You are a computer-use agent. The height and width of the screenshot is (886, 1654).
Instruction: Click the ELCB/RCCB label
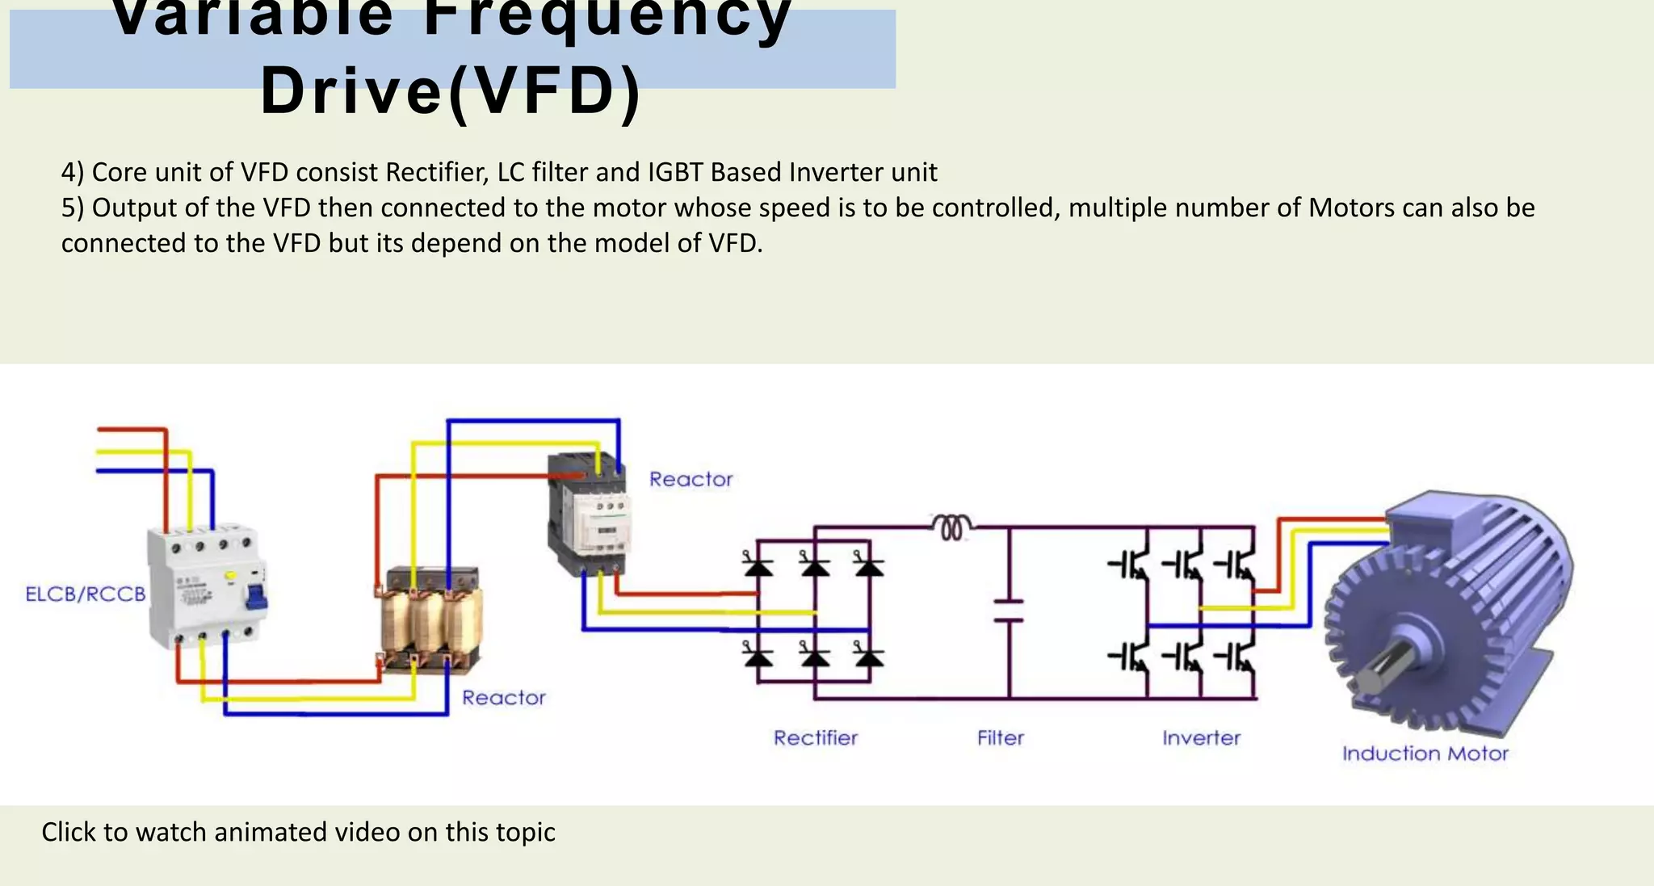click(86, 594)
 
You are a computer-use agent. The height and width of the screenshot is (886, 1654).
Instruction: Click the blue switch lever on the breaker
click(257, 597)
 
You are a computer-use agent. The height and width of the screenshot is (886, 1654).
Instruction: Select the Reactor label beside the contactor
click(691, 479)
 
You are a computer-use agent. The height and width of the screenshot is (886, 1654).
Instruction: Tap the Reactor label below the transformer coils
click(503, 697)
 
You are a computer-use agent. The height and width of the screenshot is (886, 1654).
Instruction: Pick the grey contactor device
click(588, 513)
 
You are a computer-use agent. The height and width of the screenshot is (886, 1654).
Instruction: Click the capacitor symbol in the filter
click(1008, 611)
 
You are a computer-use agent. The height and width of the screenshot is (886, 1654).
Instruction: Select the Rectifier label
click(815, 737)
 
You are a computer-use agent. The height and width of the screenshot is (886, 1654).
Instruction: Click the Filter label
click(1000, 737)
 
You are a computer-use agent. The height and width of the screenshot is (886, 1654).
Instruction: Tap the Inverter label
click(1201, 737)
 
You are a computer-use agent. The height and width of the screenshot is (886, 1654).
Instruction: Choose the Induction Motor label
click(1425, 754)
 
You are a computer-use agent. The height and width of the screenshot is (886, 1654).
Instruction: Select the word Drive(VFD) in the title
click(451, 90)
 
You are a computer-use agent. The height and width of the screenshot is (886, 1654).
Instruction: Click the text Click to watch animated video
click(298, 832)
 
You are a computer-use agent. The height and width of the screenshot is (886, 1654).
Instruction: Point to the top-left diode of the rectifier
click(758, 565)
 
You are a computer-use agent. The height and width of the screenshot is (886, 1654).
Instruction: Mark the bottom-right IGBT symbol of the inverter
click(1238, 657)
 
